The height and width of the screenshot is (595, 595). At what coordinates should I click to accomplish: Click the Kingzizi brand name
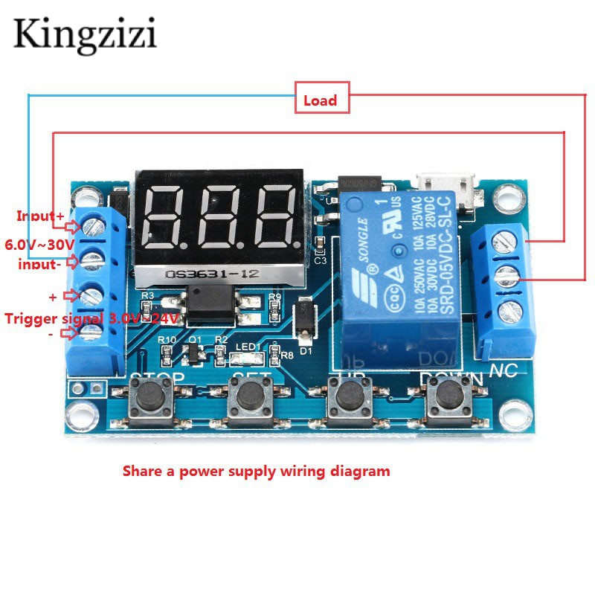(x=85, y=34)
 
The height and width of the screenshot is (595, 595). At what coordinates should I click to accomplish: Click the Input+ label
(x=41, y=216)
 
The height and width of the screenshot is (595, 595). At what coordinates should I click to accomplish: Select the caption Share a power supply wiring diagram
(x=256, y=471)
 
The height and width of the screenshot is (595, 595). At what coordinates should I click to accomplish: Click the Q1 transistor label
(x=196, y=339)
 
